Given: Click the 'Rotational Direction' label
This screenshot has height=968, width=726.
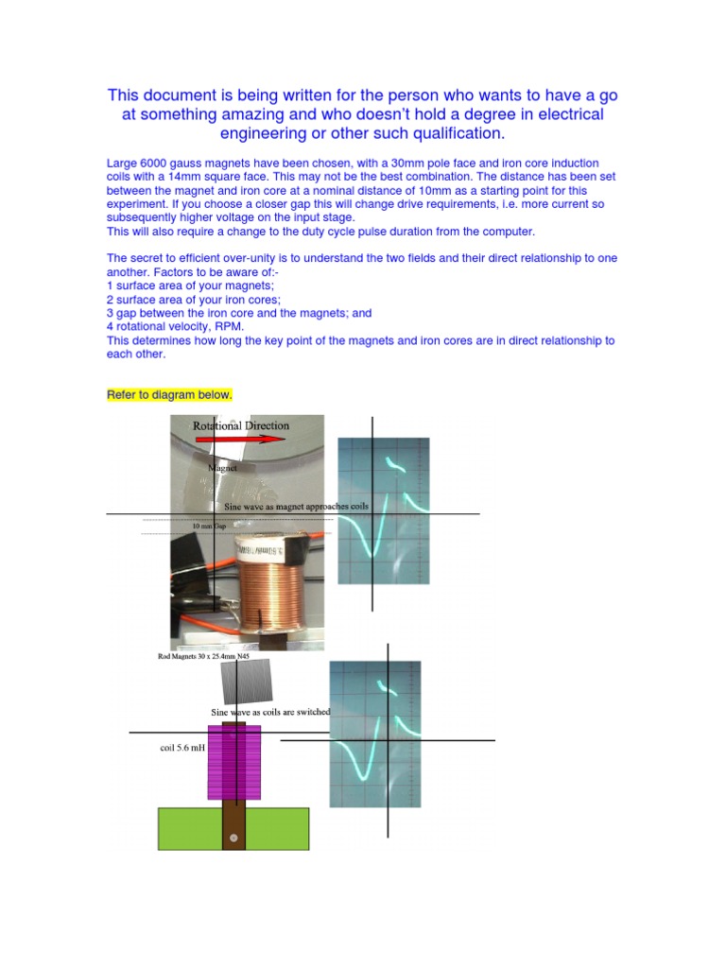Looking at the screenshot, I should click(x=241, y=425).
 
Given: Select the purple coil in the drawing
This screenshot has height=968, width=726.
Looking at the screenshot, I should click(x=233, y=761).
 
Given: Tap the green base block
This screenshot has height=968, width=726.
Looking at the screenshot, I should click(x=274, y=827).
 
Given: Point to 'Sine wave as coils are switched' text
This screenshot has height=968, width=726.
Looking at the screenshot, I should click(x=270, y=711).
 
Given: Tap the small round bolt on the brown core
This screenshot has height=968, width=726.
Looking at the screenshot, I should click(x=233, y=838).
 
